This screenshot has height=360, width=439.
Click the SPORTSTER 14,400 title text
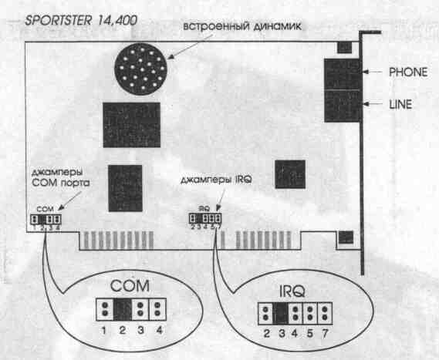coord(81,20)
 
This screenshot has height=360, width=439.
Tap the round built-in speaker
coord(141,69)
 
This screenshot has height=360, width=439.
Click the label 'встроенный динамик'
coord(242,26)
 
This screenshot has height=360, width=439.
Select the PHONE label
coord(408,72)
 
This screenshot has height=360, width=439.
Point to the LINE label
coord(400,104)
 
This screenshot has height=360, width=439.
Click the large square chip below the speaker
coord(132,125)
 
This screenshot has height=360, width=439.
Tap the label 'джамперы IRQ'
coord(216,180)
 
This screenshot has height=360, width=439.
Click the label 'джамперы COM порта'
coord(60,177)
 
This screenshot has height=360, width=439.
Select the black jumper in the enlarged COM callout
coord(123,309)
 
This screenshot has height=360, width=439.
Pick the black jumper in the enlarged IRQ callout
coord(281,313)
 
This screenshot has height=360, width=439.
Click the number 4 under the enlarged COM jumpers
coord(159,331)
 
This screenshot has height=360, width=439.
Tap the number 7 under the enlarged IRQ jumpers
coord(325,334)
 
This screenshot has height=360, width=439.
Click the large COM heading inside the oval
coord(130,286)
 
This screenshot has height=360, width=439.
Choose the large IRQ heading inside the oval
coord(292,291)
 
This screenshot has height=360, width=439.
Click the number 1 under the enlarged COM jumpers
coord(104,331)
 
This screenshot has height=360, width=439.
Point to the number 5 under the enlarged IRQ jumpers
coord(309,334)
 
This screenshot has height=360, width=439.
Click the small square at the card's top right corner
coord(344,48)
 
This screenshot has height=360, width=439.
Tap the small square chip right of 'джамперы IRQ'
coord(290,174)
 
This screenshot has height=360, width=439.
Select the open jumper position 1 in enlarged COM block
coord(105,309)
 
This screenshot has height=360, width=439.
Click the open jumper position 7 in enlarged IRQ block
coord(325,313)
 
